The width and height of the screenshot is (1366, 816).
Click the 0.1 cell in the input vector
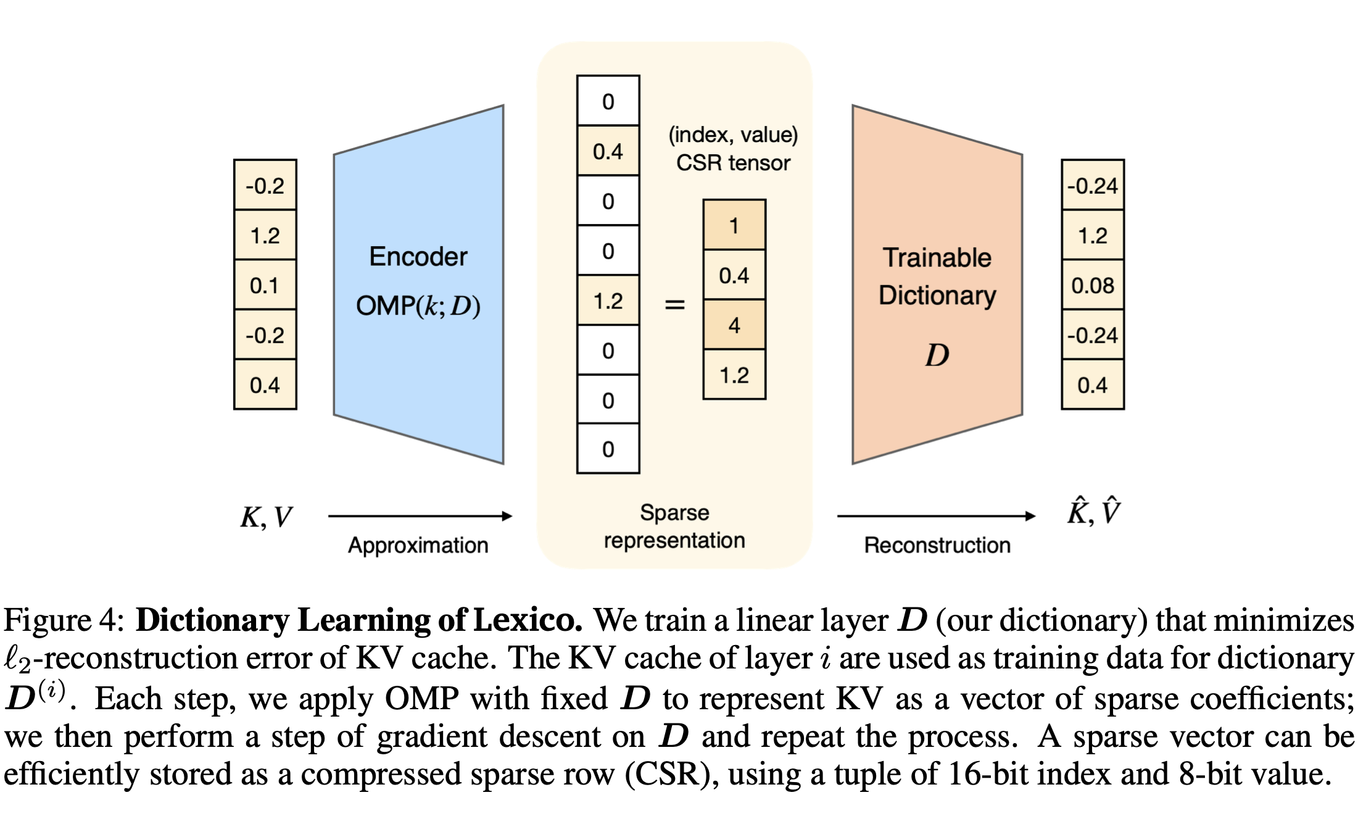[265, 285]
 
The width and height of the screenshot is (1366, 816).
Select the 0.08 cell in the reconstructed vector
[1092, 285]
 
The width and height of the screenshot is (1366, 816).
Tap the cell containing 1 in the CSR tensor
[734, 225]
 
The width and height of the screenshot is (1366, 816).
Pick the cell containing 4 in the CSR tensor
[734, 325]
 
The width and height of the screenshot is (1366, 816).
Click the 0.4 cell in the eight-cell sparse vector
[608, 151]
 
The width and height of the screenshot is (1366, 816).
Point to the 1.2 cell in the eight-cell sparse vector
[608, 301]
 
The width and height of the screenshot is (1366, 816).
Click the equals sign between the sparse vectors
[674, 304]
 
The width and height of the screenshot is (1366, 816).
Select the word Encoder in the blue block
[418, 257]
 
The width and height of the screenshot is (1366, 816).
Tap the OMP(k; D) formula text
[418, 306]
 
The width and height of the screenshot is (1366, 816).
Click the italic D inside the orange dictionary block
[937, 356]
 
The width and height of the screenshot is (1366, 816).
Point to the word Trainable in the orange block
[937, 257]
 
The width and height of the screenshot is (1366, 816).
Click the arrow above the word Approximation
[420, 516]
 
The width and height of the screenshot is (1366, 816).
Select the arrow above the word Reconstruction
[935, 516]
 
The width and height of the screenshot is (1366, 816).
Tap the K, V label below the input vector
[266, 517]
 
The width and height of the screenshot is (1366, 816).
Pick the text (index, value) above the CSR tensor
[733, 135]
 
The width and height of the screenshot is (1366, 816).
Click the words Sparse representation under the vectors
[674, 527]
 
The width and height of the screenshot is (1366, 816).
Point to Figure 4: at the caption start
[64, 620]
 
